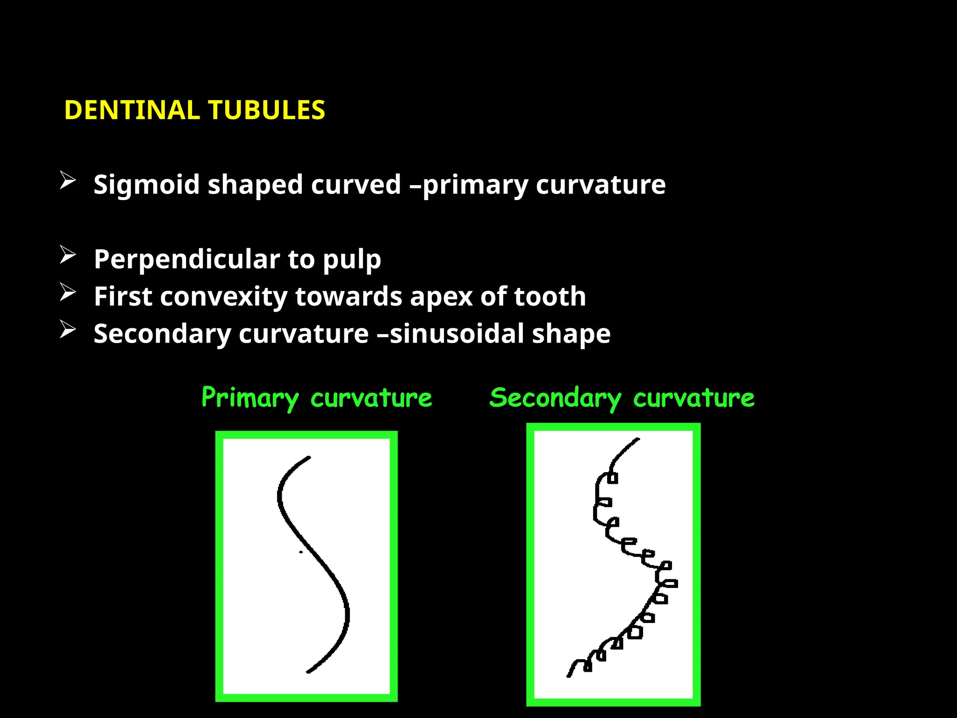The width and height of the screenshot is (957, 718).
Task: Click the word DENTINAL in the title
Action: pyautogui.click(x=132, y=110)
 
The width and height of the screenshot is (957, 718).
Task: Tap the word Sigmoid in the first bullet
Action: pyautogui.click(x=146, y=185)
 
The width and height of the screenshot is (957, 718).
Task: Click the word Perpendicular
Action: pyautogui.click(x=186, y=259)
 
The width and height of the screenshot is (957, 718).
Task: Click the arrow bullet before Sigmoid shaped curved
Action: pyautogui.click(x=68, y=181)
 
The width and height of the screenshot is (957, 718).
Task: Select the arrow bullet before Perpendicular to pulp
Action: pyautogui.click(x=68, y=255)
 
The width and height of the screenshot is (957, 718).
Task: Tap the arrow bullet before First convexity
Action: pyautogui.click(x=68, y=293)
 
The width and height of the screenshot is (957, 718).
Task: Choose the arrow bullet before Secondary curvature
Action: pyautogui.click(x=68, y=330)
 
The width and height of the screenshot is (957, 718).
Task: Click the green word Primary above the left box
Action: pyautogui.click(x=250, y=398)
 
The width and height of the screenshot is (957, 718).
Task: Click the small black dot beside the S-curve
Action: pyautogui.click(x=301, y=552)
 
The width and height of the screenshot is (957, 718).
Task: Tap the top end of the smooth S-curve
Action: pyautogui.click(x=309, y=457)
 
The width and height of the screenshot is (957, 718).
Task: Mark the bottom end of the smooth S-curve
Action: pyautogui.click(x=308, y=672)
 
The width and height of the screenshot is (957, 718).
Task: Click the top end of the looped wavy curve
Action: pyautogui.click(x=638, y=439)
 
